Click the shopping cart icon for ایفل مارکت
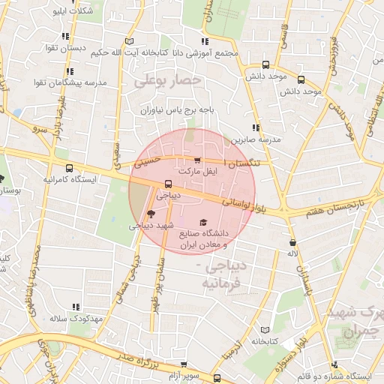click(197, 160)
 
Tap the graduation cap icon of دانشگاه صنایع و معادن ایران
click(203, 223)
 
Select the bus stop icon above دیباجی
click(167, 184)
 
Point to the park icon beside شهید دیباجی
click(151, 214)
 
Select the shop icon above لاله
click(292, 242)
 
